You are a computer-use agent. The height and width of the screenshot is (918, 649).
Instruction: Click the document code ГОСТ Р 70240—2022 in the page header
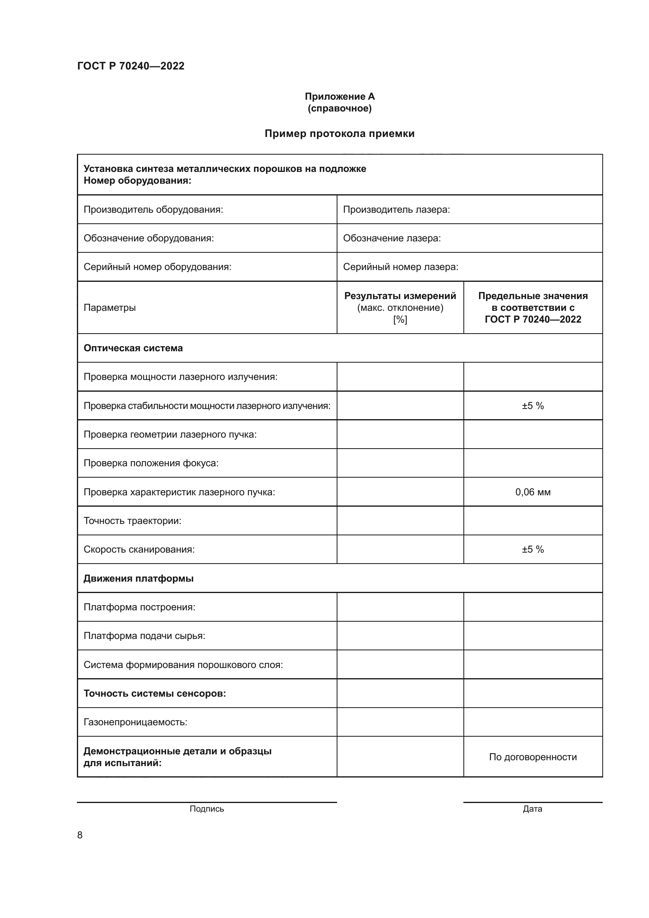coord(131,66)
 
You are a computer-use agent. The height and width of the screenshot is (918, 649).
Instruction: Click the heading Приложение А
coord(340,97)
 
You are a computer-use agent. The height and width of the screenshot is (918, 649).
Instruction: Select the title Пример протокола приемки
coord(340,133)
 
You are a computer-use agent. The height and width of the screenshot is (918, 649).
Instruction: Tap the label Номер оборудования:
coord(137,181)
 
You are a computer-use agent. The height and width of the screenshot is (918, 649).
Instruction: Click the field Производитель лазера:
coord(396,210)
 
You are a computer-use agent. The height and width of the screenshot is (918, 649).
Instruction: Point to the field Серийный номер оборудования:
coord(157,266)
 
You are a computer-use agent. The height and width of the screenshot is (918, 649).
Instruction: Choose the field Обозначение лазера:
coord(392,238)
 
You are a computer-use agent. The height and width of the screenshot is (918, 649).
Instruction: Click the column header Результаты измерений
coord(400,296)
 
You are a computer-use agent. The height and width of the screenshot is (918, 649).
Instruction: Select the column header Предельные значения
coord(533,296)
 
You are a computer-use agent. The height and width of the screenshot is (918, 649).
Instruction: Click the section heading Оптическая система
coord(133,348)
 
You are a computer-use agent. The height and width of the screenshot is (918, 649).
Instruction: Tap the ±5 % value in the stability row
coord(533,406)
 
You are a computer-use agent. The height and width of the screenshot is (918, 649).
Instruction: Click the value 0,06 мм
coord(533,492)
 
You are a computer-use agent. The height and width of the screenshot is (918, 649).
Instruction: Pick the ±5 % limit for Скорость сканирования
coord(533,549)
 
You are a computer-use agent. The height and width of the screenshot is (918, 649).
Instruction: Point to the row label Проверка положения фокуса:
coord(151,463)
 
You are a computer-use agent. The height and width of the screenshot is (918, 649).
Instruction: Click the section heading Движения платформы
coord(138,579)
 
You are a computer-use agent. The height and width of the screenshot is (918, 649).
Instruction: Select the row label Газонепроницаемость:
coord(135,722)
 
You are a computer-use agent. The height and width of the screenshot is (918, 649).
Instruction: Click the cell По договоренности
coord(533,757)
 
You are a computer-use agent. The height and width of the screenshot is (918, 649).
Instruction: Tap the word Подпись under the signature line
coord(207,809)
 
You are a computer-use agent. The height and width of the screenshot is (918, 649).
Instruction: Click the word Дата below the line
coord(532,809)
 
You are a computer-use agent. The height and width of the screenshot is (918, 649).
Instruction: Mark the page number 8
coord(80,835)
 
